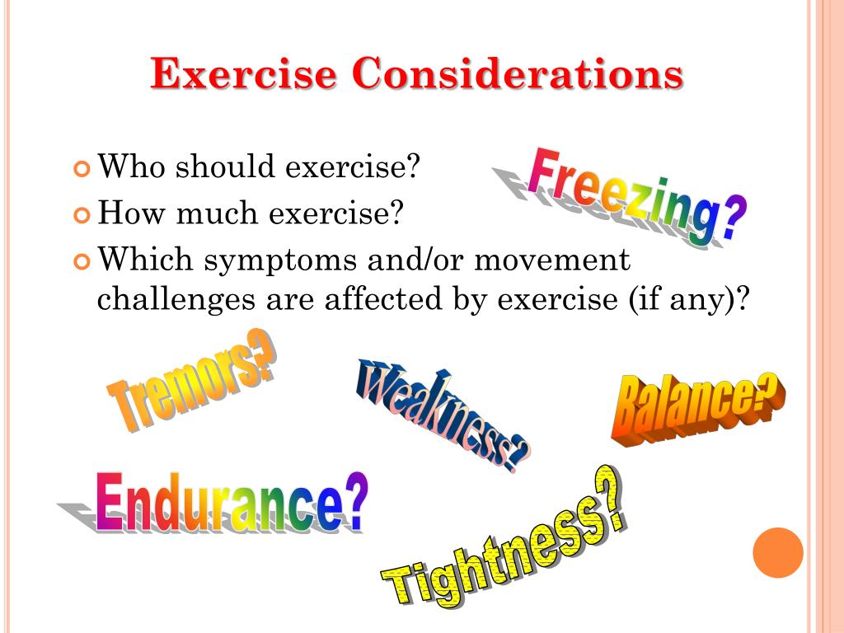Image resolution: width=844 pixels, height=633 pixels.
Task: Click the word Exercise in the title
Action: [244, 75]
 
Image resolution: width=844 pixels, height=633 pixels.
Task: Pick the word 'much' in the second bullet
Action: [227, 213]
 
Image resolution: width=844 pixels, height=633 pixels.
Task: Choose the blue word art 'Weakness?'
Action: [443, 414]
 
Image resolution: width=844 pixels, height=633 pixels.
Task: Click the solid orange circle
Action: [778, 552]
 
